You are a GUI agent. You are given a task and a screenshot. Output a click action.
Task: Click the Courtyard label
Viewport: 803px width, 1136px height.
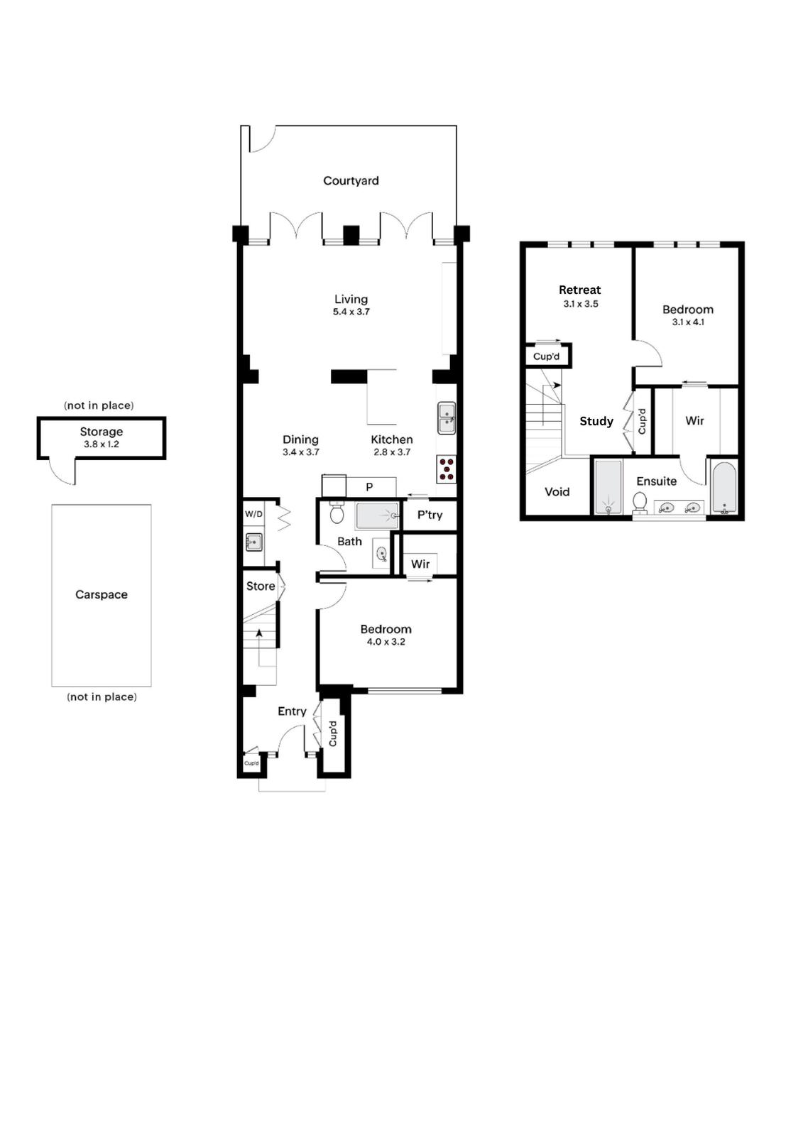(x=351, y=180)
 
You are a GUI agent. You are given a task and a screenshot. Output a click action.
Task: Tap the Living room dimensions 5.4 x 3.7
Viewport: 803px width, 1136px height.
(x=351, y=312)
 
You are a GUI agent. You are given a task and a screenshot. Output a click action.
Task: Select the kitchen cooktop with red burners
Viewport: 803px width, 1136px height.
(x=447, y=469)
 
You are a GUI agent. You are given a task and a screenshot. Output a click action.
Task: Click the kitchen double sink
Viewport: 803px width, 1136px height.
(x=447, y=418)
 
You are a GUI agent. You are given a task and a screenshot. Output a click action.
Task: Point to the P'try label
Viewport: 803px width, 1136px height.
(x=430, y=515)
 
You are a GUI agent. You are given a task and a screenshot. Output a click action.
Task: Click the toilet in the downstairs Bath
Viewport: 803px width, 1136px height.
(x=337, y=513)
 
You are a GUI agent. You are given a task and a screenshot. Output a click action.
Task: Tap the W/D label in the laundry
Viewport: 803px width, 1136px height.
(x=253, y=514)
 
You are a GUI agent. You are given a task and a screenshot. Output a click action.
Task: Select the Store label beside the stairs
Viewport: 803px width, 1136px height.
(x=261, y=586)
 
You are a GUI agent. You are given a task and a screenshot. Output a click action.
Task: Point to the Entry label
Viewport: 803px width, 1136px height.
(x=293, y=711)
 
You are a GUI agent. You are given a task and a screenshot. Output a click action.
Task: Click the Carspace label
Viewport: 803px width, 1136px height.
(x=102, y=594)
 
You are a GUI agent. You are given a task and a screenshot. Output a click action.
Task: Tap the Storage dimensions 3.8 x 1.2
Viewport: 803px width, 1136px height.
(x=102, y=444)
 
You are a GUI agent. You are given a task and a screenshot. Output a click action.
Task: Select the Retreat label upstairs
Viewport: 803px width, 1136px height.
(x=580, y=290)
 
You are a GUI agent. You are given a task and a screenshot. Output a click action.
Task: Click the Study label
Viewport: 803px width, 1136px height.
(x=596, y=421)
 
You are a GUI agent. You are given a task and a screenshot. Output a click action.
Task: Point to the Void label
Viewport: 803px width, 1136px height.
(x=557, y=491)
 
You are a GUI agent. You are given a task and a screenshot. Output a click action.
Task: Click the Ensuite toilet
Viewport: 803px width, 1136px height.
(x=640, y=502)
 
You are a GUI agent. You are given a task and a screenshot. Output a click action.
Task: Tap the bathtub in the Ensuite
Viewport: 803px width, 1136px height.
(x=724, y=488)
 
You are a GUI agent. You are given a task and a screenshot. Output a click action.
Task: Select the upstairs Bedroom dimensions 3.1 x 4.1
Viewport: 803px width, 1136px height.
(x=689, y=322)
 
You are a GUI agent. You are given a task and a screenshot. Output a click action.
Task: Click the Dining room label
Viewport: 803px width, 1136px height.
(x=300, y=439)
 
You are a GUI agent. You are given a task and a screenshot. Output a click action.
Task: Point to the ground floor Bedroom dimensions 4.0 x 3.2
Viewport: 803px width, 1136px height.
(x=386, y=642)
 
